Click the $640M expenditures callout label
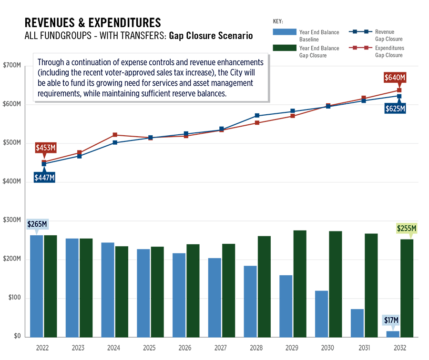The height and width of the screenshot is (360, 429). [395, 77]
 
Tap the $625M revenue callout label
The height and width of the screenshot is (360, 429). [395, 109]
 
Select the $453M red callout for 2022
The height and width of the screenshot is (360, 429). [45, 148]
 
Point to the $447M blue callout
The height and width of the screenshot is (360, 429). [44, 178]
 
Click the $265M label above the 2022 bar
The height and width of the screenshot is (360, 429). [37, 224]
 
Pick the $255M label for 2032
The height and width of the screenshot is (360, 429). [407, 229]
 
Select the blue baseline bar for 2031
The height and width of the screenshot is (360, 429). [357, 323]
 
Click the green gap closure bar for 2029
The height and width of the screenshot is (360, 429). [300, 283]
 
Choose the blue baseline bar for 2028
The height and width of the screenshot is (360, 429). [250, 301]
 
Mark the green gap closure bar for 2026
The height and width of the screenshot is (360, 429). [193, 290]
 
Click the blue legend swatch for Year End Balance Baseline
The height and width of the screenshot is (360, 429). [284, 32]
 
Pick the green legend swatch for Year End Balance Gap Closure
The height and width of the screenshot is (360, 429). [284, 48]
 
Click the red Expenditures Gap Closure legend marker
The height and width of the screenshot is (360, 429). [366, 48]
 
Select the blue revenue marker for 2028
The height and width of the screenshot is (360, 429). [257, 116]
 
